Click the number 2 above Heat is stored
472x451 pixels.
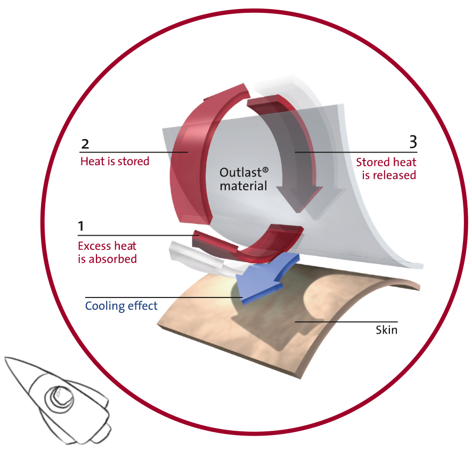(85, 144)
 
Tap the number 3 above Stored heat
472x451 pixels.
(413, 142)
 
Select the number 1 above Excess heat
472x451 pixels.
(80, 226)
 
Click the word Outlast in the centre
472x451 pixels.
(240, 173)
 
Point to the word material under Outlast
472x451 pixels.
(243, 186)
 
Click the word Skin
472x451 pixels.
(387, 330)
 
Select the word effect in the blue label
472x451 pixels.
(142, 305)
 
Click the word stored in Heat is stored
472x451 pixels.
(133, 162)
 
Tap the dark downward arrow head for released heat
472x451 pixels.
(299, 197)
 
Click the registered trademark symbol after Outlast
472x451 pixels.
(265, 170)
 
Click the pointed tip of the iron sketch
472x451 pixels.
(6, 359)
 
